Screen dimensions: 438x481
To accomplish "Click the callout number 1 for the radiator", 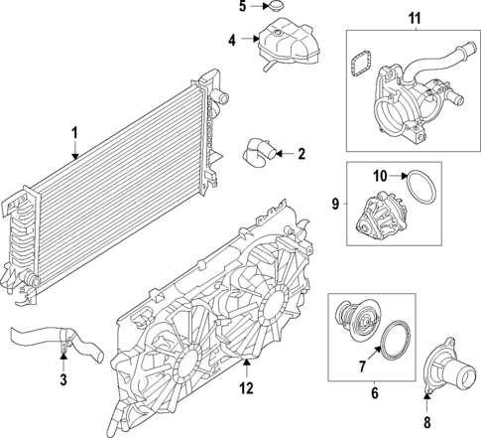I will pos(73,133).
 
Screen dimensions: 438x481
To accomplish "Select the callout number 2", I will pos(301,154).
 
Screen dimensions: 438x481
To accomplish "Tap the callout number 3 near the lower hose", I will pos(63,380).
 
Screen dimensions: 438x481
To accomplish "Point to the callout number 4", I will pos(230,41).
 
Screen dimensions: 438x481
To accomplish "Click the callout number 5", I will pos(241,7).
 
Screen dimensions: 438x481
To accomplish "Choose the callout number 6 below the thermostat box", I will pos(375,393).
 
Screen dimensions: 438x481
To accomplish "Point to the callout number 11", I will pos(414,18).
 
